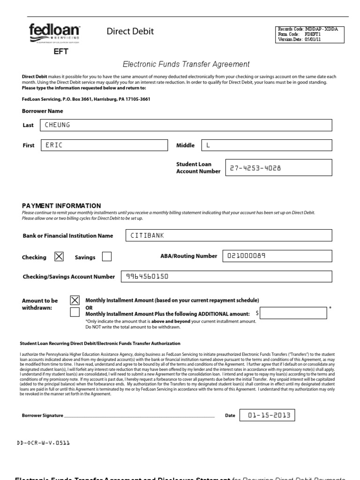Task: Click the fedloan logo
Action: [54, 33]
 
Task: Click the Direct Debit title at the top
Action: [130, 31]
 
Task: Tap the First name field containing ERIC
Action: [104, 145]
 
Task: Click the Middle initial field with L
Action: [266, 145]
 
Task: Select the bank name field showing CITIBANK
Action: [228, 235]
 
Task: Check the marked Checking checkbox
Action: [59, 256]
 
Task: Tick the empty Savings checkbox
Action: [107, 256]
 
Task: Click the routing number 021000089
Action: [277, 256]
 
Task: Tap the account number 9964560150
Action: [226, 277]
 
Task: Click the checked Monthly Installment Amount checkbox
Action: [75, 300]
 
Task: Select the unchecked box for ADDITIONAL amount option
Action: [75, 312]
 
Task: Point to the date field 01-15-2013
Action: [267, 415]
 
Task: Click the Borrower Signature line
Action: [139, 415]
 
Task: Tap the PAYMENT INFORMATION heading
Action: [61, 205]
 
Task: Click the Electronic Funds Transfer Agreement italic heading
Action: [186, 64]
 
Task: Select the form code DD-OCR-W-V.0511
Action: [44, 442]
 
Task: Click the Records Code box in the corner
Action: [307, 35]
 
